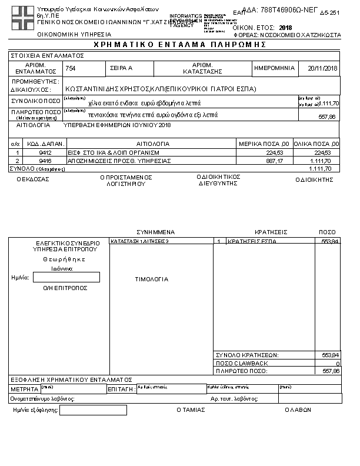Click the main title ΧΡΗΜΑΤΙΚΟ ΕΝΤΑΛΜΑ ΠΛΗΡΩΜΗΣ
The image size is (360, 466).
point(176,45)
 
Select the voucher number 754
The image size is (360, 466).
point(71,68)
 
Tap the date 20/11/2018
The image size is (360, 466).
point(322,68)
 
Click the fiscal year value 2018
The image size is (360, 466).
point(285,27)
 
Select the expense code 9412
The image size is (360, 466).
point(36,152)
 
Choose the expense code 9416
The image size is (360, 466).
point(36,160)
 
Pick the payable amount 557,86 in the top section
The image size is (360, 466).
point(328,116)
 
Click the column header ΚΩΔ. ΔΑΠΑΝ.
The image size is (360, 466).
point(41,144)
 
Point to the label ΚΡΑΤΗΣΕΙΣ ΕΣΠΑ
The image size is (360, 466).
point(251,241)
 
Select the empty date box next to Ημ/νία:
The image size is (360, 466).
point(66,277)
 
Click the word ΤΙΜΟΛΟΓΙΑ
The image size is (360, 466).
point(152,279)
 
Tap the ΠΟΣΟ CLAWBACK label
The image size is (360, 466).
point(242,363)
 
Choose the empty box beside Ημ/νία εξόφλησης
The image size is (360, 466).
point(93,410)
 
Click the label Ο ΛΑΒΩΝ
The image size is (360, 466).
point(298,410)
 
